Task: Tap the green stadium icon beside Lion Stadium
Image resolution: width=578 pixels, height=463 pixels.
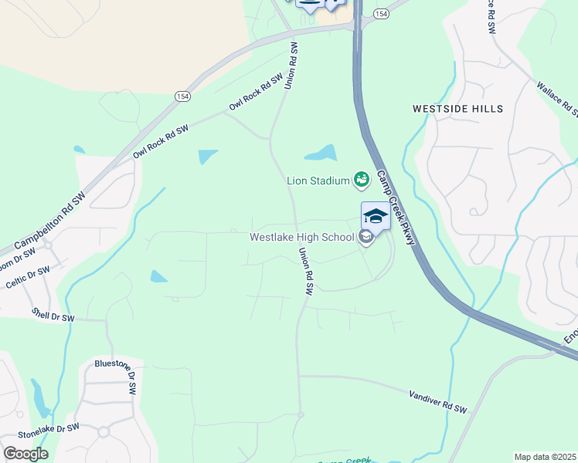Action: coord(361,181)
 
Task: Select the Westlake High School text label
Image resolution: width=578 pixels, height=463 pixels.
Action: coord(301,237)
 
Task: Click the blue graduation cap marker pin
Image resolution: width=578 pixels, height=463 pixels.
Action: coord(376,216)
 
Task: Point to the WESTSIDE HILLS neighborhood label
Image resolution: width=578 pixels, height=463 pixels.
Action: coord(458,109)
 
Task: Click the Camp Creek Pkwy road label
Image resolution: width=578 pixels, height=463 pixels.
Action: coord(396,208)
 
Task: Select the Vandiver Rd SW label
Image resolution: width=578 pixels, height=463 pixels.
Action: coord(438,400)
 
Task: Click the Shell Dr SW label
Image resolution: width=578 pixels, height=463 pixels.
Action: coord(53,316)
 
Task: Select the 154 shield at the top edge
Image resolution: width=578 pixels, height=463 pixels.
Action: coord(380,14)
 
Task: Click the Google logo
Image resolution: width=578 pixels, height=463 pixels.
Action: coord(25,454)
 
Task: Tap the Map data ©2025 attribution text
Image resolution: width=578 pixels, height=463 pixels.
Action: coord(544,457)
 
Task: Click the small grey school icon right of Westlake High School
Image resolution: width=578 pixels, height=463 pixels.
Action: coord(367,238)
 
